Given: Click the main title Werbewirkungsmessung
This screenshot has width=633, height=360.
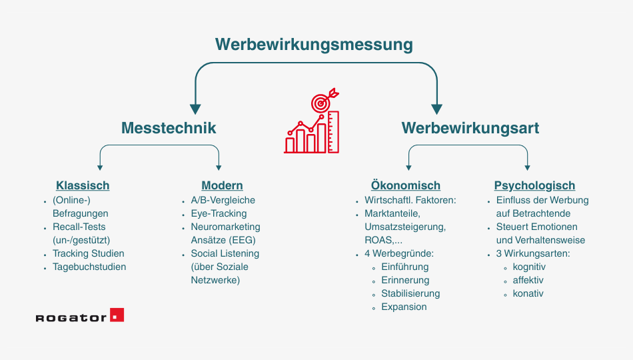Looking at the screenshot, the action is (314, 45).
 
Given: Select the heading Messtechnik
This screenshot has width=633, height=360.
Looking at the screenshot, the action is (169, 128).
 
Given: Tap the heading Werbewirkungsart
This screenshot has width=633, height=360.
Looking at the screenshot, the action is (470, 128).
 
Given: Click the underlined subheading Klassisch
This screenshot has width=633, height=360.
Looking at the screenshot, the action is (83, 185).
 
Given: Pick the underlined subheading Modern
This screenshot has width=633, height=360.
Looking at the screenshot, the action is (222, 185).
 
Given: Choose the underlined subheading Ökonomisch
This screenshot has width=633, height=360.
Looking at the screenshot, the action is (406, 185).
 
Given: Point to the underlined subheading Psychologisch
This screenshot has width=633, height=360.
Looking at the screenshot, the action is (534, 185).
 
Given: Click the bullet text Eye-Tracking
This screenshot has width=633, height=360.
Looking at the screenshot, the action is (219, 213).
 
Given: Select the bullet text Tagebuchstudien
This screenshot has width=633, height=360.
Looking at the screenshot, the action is (89, 267).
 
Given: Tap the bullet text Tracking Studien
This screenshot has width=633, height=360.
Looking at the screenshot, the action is (89, 253).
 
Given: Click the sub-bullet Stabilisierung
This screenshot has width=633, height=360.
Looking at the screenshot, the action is (410, 293).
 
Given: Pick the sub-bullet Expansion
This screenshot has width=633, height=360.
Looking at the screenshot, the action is (404, 307).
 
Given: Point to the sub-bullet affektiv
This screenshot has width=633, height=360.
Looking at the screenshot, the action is (528, 280).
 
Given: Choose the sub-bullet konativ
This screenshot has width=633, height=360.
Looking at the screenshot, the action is (528, 293).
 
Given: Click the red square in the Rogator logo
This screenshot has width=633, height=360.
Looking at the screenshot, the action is (117, 315).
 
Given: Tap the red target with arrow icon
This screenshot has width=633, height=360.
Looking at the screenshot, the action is (324, 100).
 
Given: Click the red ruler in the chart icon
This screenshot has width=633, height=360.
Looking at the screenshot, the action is (333, 132).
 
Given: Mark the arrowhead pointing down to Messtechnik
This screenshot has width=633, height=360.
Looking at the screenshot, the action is (195, 109).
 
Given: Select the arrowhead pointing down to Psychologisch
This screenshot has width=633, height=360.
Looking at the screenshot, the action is (527, 168).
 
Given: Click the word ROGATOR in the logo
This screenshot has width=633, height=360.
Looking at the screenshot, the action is (71, 317).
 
